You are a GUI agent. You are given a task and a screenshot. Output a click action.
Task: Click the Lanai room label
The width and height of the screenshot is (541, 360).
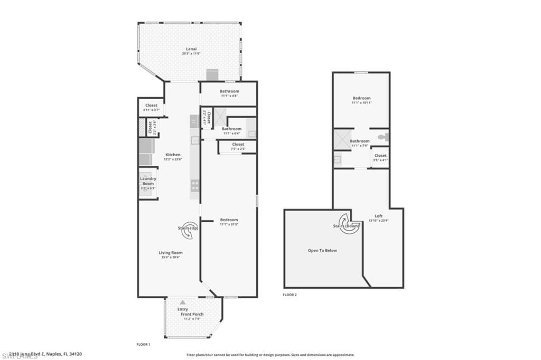coord(191,49)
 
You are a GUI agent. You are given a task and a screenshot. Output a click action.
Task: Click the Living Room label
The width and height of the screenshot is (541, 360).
coord(171,253)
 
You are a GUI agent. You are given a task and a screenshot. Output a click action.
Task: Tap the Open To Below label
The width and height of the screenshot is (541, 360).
coord(322,250)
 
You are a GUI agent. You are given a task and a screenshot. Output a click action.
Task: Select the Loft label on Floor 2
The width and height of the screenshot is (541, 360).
coord(378,216)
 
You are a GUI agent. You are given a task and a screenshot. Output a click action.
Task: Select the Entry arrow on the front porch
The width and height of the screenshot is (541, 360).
coord(182,302)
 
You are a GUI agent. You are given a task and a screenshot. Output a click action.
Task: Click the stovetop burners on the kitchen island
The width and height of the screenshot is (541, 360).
coord(194,185)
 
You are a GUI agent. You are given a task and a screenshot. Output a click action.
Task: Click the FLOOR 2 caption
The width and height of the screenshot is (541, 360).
coord(290,295)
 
